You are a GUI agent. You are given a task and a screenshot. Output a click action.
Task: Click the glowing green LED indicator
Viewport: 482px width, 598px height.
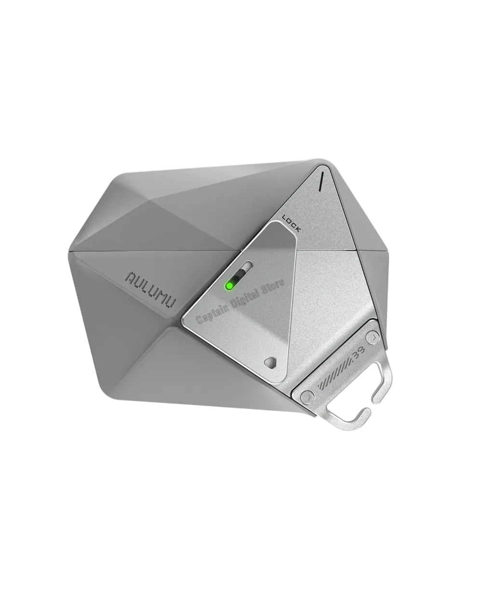(x=229, y=286)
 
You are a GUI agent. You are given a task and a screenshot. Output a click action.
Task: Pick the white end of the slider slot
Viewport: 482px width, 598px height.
(x=247, y=267)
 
